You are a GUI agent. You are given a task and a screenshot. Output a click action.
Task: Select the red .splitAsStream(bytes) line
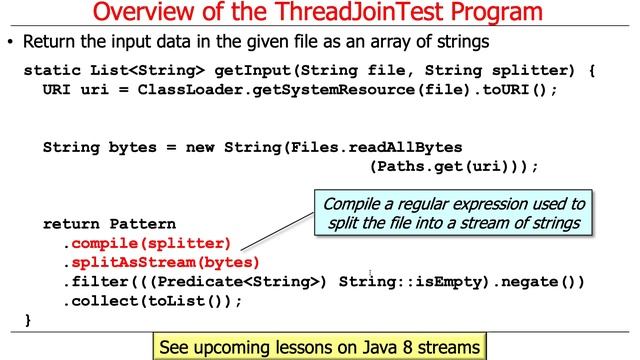click(161, 262)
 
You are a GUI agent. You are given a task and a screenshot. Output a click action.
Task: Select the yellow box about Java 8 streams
click(320, 347)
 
